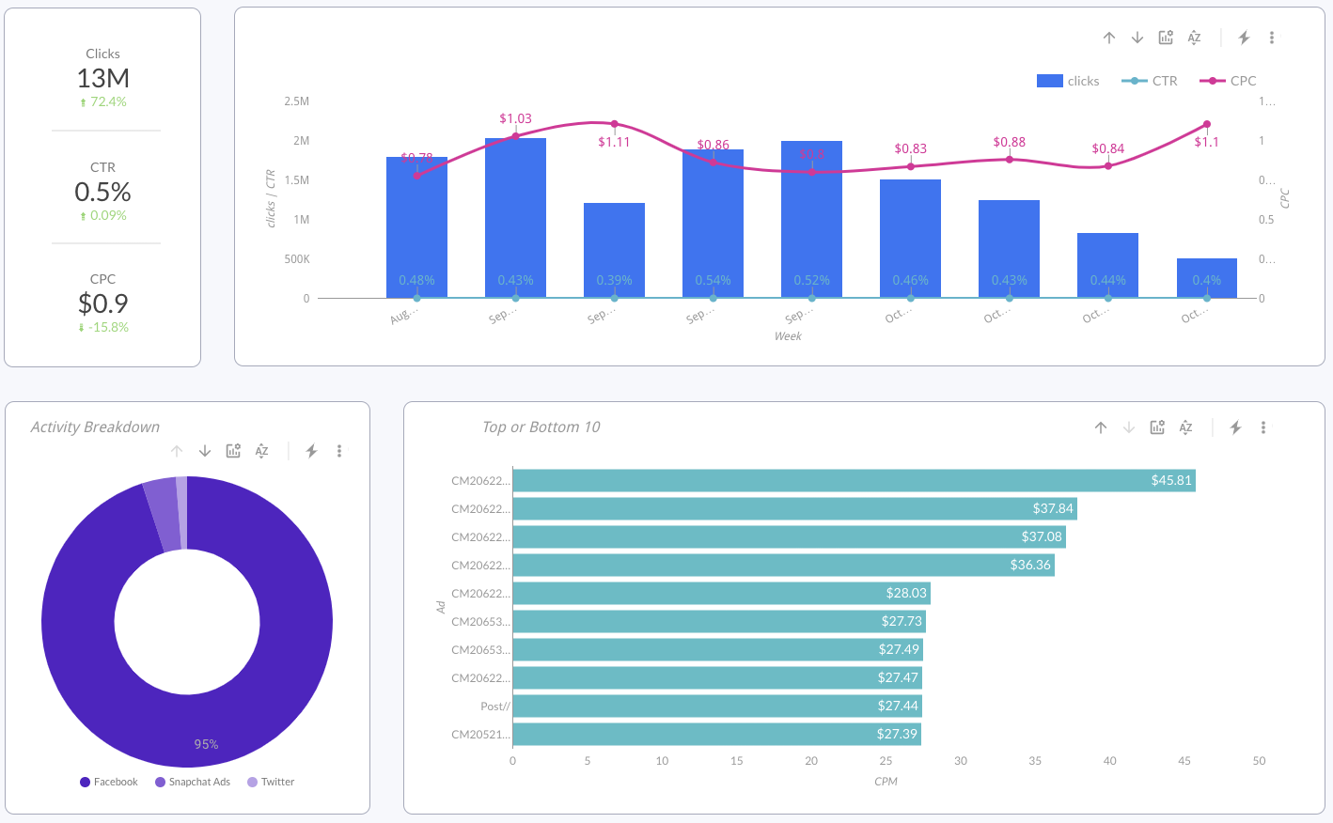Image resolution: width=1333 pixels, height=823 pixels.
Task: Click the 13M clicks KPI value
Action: [x=103, y=78]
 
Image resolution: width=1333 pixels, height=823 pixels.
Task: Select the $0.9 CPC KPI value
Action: [x=103, y=303]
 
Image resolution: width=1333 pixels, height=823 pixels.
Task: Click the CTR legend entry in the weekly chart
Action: [x=1151, y=81]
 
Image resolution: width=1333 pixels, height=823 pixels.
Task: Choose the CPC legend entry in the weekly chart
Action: [x=1229, y=81]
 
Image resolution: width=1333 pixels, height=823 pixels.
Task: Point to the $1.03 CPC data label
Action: [x=515, y=118]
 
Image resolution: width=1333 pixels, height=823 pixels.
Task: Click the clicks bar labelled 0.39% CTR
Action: [x=614, y=250]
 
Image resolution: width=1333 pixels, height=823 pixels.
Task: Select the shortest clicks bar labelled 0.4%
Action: [x=1206, y=277]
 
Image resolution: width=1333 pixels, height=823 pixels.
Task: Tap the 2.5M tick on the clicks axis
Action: [x=296, y=101]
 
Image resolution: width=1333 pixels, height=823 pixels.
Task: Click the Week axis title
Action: [x=788, y=336]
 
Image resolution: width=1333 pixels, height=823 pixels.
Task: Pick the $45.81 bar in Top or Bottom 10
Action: [x=854, y=481]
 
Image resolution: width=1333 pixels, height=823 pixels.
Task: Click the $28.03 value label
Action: [x=905, y=593]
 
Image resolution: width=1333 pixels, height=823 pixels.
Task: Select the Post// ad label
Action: [x=494, y=707]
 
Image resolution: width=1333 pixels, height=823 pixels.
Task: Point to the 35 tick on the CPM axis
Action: [x=1035, y=761]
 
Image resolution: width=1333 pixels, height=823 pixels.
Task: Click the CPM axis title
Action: [x=886, y=782]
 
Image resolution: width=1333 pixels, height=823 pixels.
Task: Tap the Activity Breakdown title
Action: [x=95, y=427]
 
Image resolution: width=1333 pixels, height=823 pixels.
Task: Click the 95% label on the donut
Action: [x=206, y=744]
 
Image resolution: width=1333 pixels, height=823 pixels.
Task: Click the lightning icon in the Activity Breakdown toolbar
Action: [x=311, y=451]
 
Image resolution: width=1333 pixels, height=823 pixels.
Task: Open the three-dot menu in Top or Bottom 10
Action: [x=1263, y=427]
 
